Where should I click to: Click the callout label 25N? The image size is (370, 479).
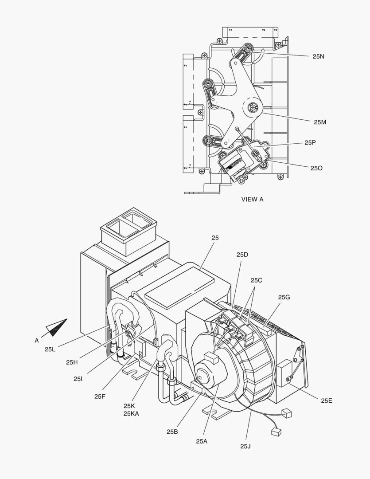point(319,56)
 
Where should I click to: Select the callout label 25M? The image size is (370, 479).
point(320,122)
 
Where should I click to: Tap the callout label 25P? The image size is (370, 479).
point(310,143)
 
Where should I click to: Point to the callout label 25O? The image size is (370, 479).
point(316,168)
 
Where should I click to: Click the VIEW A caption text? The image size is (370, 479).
point(252,199)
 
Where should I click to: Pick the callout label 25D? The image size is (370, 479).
point(242,255)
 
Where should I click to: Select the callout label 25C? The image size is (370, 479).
point(257,280)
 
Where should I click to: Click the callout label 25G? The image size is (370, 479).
point(284,297)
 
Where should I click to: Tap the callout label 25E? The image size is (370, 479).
point(326,400)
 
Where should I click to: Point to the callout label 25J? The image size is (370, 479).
point(245,446)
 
